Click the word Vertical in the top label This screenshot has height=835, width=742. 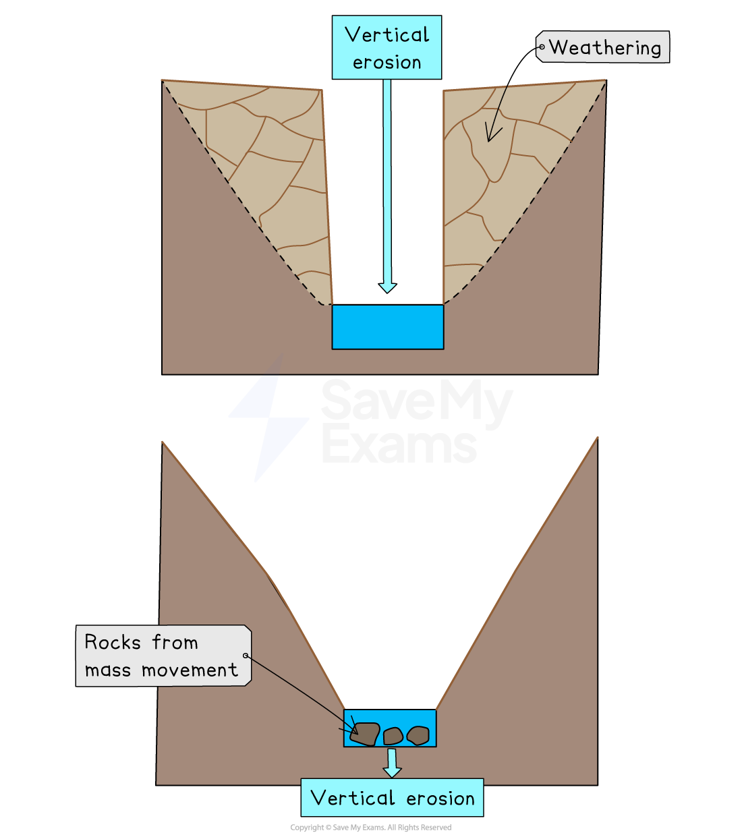(387, 35)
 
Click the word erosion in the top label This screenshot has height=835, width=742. (387, 63)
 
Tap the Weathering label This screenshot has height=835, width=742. (604, 48)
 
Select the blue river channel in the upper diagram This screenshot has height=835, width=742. (387, 327)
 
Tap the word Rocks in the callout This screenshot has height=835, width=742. (113, 642)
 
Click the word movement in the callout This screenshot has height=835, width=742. (190, 670)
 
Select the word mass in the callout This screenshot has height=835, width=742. (107, 670)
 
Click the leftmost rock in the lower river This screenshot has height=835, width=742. (365, 734)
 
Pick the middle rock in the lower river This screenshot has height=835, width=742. (393, 736)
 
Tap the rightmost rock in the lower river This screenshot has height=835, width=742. (418, 735)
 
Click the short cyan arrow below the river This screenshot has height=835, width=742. (392, 763)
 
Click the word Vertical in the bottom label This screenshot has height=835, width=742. (353, 798)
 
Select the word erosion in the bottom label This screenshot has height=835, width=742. (440, 799)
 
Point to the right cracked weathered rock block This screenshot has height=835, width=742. (499, 175)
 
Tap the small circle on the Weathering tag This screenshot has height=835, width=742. (541, 47)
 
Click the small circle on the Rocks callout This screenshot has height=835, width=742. (246, 655)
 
